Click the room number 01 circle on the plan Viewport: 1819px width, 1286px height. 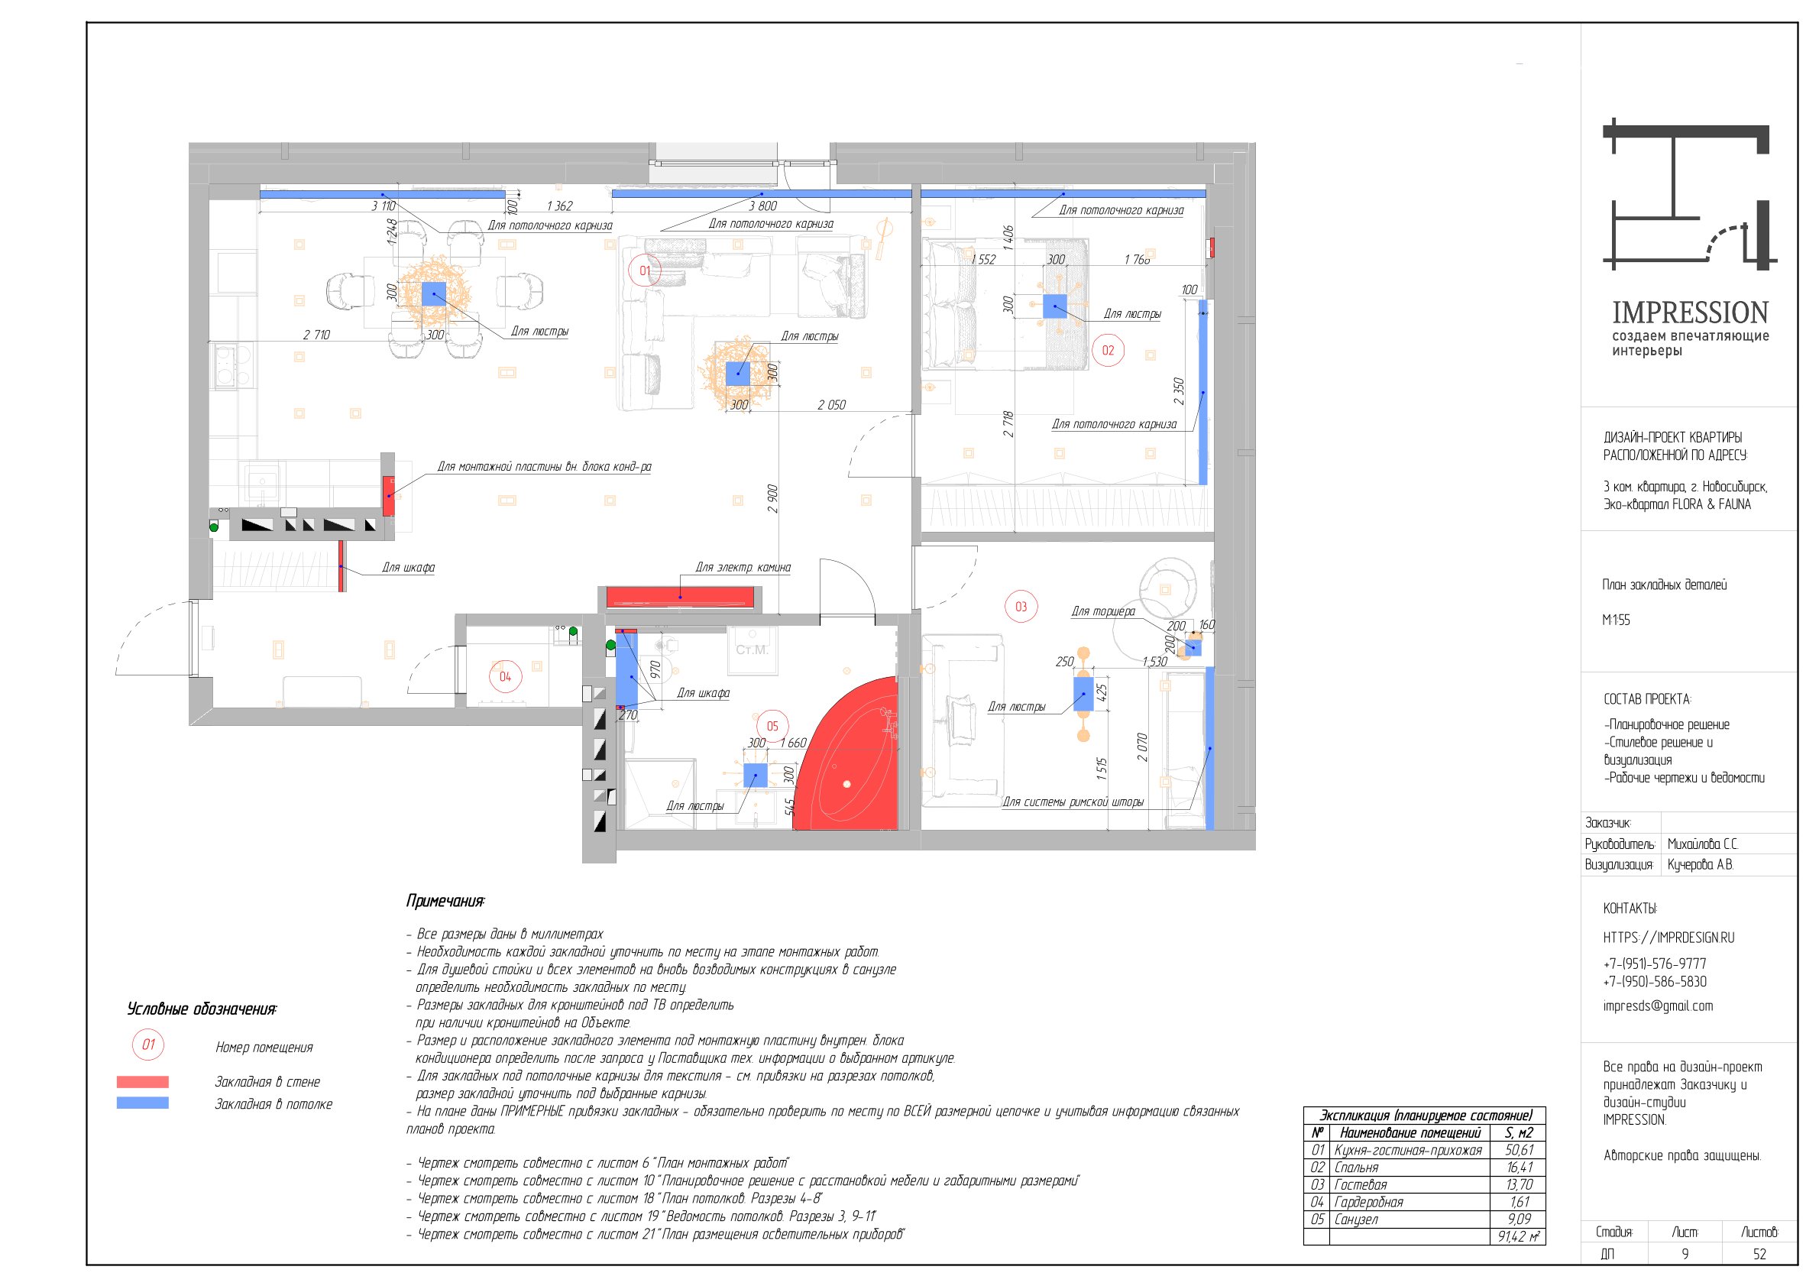pyautogui.click(x=644, y=271)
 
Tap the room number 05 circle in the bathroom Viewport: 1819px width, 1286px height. pyautogui.click(x=772, y=726)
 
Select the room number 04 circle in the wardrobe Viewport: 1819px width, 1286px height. pyautogui.click(x=506, y=677)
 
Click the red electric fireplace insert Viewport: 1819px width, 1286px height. pyautogui.click(x=681, y=598)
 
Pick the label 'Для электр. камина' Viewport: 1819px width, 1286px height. pyautogui.click(x=743, y=567)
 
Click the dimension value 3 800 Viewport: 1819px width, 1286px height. pyautogui.click(x=763, y=206)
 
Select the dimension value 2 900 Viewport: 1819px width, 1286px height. pyautogui.click(x=772, y=499)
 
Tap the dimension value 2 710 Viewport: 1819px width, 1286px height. pyautogui.click(x=316, y=335)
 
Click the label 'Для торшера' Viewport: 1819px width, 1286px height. pyautogui.click(x=1103, y=612)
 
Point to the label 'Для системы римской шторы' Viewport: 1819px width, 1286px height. pyautogui.click(x=1073, y=802)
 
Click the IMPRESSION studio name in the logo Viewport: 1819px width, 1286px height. pyautogui.click(x=1690, y=313)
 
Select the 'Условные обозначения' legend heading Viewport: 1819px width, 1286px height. pyautogui.click(x=202, y=1009)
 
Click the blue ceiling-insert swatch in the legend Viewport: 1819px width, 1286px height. pyautogui.click(x=143, y=1102)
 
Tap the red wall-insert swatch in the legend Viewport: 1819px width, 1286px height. pyautogui.click(x=143, y=1081)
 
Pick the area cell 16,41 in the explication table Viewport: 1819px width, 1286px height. pyautogui.click(x=1520, y=1167)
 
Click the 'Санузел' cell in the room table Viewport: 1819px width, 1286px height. pyautogui.click(x=1355, y=1220)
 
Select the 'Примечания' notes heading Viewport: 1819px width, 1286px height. pyautogui.click(x=445, y=901)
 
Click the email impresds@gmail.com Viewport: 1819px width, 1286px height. pyautogui.click(x=1657, y=1006)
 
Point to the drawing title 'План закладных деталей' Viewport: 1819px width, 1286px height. pyautogui.click(x=1665, y=585)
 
